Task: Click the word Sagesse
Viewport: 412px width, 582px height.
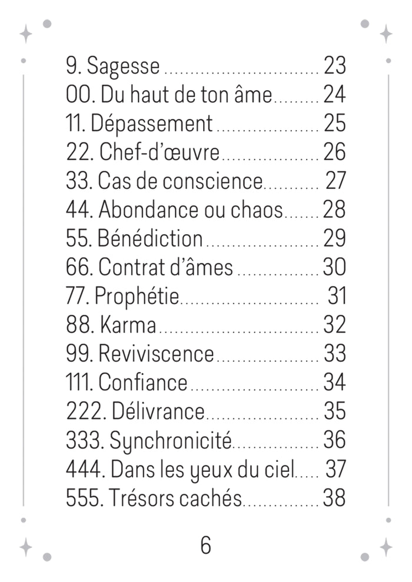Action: pyautogui.click(x=123, y=67)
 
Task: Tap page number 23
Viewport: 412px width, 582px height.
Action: pyautogui.click(x=334, y=66)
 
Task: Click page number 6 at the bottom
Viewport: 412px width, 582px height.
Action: pyautogui.click(x=205, y=546)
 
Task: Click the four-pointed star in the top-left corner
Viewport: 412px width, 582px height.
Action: pyautogui.click(x=26, y=34)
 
